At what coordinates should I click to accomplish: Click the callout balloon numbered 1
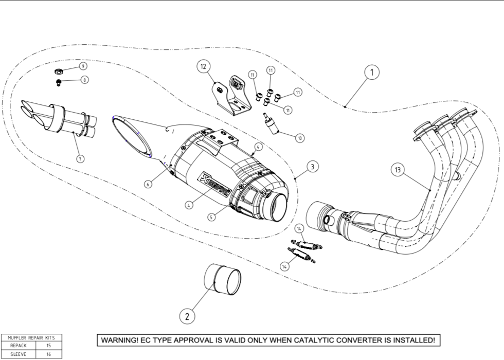tap(372, 73)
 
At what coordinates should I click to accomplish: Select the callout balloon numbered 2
tap(187, 316)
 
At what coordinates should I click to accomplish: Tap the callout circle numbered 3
tap(312, 166)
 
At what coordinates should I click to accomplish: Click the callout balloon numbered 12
tap(204, 66)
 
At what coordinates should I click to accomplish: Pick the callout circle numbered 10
tap(299, 138)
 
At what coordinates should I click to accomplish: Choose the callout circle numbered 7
tap(80, 159)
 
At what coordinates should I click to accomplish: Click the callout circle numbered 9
tap(82, 66)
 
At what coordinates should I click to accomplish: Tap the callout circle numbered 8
tap(84, 80)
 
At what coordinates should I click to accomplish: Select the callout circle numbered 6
tap(148, 184)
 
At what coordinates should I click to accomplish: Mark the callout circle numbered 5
tap(211, 217)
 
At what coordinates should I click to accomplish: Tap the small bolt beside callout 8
tap(58, 82)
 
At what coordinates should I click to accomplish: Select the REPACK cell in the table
tap(18, 346)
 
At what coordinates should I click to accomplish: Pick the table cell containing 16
tap(49, 354)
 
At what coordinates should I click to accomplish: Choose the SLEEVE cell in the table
tap(18, 354)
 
